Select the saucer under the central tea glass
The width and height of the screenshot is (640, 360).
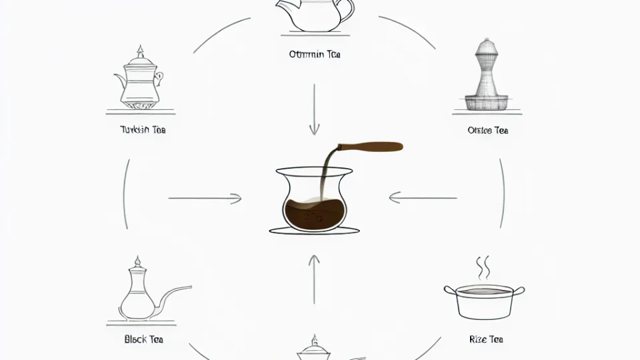click(314, 231)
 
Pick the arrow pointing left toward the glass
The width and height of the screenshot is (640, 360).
click(423, 197)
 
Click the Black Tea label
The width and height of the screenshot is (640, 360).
click(144, 339)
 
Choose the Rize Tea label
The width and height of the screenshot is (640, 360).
click(486, 339)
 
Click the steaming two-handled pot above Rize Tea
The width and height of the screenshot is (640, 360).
click(484, 300)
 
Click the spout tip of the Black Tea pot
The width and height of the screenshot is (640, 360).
click(190, 287)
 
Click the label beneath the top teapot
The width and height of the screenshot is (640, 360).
click(315, 55)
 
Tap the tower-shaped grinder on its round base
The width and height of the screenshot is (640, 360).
click(486, 76)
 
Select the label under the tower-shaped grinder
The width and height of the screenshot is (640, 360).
click(488, 131)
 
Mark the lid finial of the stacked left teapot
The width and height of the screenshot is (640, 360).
click(140, 51)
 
